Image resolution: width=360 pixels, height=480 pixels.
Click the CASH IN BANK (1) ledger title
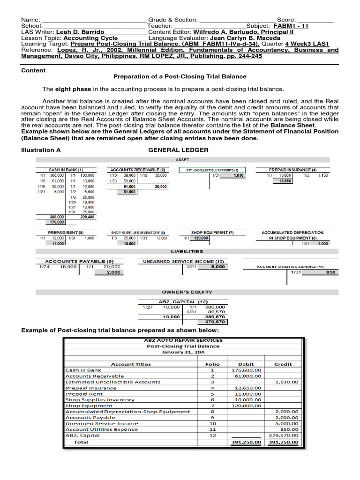coord(66,170)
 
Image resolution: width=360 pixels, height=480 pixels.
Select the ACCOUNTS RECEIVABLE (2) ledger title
coord(137,170)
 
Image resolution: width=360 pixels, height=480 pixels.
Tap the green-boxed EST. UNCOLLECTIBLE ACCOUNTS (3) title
coord(212,170)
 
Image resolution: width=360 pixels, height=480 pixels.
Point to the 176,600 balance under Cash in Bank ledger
coord(57,222)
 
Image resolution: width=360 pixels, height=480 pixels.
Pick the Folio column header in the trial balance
coord(212,364)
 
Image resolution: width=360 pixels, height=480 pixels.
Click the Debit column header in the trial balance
coord(246,364)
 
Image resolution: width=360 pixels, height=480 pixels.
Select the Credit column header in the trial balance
coord(283,364)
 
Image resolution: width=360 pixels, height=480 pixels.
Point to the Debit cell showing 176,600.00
coord(247,370)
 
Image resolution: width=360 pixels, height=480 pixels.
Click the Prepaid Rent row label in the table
coord(84,394)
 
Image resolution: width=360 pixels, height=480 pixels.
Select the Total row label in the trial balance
coord(80,442)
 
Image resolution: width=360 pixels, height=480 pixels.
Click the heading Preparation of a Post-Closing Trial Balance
coord(180,76)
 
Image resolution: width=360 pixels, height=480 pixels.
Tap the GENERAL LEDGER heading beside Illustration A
coord(178,150)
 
